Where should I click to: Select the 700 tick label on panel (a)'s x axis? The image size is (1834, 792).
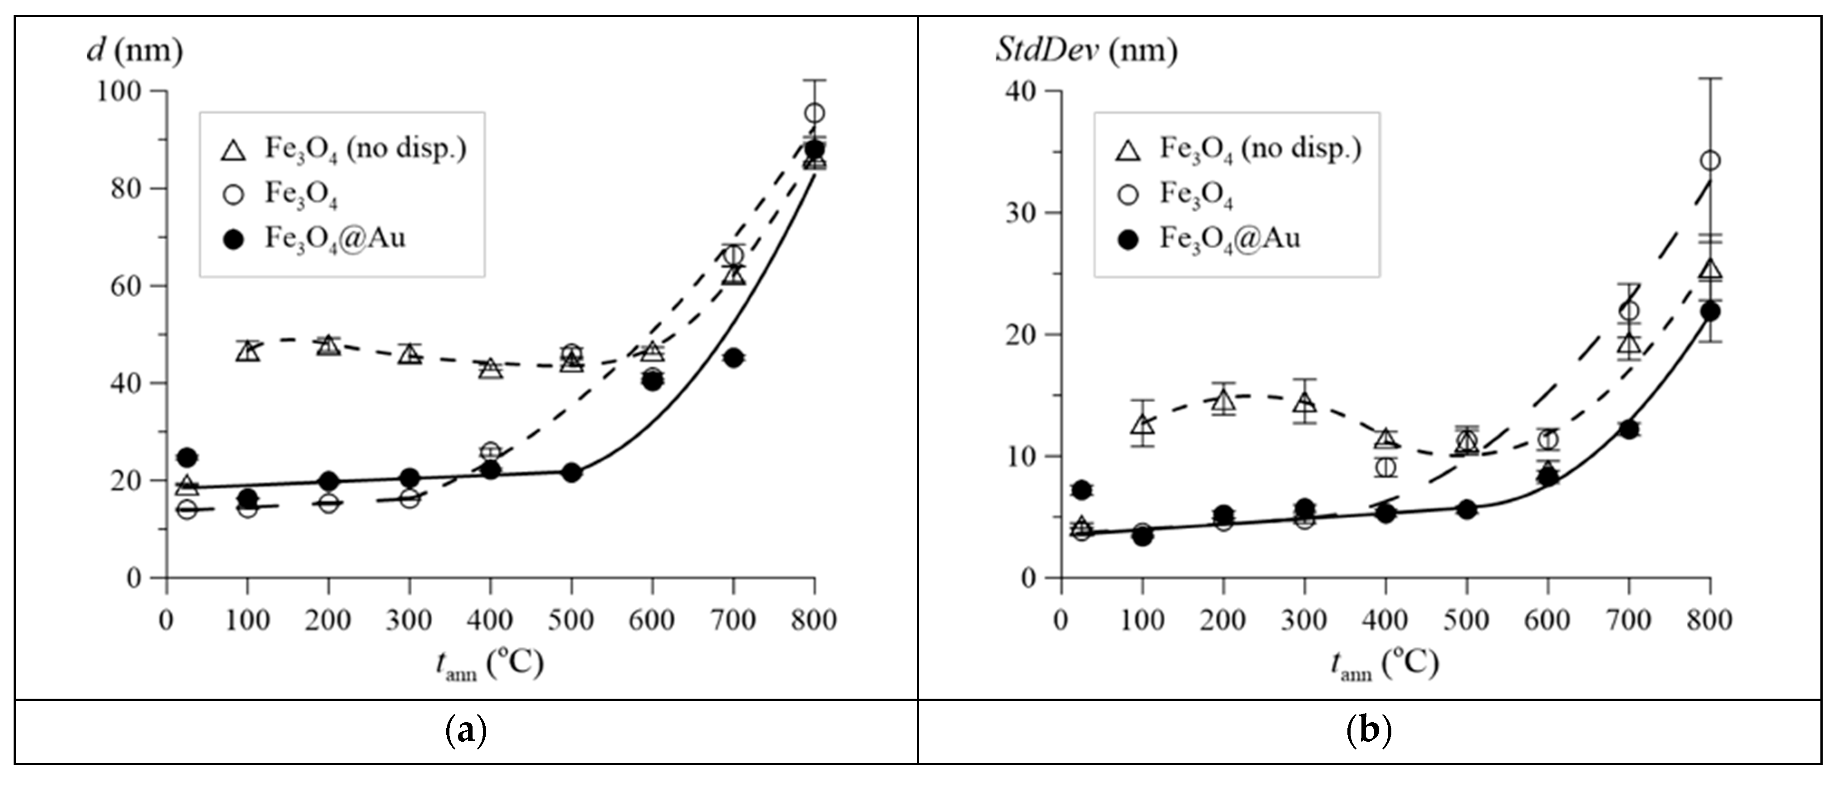point(734,620)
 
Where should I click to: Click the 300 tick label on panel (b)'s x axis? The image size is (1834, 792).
point(1303,620)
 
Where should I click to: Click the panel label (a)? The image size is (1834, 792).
point(466,731)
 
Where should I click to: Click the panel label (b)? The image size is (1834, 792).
point(1369,731)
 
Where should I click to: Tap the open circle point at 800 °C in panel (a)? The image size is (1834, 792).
point(815,113)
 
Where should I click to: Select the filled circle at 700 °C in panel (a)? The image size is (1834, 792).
point(734,357)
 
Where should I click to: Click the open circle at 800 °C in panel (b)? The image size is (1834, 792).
point(1709,161)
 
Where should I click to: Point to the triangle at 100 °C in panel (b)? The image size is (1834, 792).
point(1142,425)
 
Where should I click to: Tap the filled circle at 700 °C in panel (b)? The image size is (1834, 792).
point(1629,430)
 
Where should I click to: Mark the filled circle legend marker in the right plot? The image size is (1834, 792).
point(1129,240)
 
